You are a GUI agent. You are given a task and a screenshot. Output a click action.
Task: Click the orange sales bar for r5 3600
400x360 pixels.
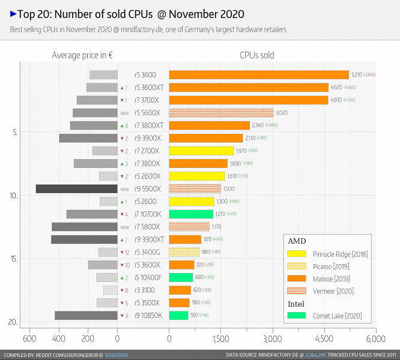tap(259, 75)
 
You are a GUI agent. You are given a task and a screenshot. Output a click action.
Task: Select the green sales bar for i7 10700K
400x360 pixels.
tap(191, 214)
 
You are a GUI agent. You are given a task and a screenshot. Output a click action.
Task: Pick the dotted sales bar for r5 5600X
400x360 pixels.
tap(221, 113)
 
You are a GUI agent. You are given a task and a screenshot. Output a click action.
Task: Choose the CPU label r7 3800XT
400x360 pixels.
tap(149, 125)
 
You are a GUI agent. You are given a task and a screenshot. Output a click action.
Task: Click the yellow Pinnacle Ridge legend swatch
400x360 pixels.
tap(297, 254)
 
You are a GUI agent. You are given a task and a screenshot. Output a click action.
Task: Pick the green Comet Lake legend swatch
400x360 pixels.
tap(297, 316)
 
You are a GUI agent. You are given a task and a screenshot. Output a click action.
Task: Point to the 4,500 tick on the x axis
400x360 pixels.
tap(324, 338)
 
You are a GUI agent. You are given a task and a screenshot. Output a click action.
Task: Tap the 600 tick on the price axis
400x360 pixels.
tap(28, 338)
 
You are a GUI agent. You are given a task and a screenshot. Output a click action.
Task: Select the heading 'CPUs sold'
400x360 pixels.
tap(257, 55)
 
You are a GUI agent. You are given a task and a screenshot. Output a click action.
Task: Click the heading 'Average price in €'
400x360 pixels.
tap(83, 55)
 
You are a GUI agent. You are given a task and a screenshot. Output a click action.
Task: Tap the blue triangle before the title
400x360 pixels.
tap(13, 13)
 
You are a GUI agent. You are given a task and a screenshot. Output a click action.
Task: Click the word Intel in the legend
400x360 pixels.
tap(296, 304)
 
